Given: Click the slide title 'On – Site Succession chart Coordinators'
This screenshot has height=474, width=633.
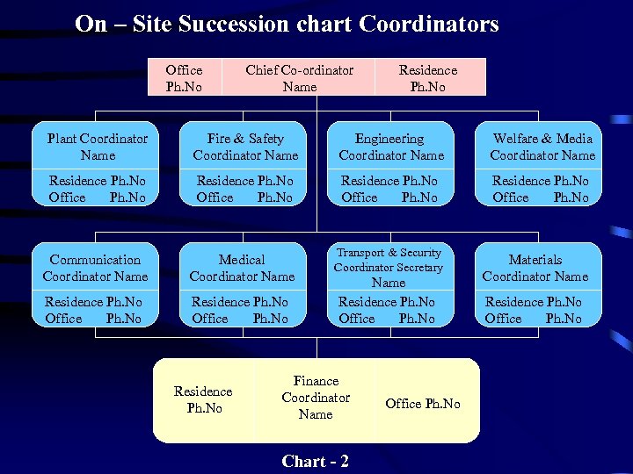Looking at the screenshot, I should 287,24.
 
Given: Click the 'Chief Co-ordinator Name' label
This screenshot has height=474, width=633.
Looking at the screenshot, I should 299,78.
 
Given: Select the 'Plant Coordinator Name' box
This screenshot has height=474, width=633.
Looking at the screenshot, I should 98,147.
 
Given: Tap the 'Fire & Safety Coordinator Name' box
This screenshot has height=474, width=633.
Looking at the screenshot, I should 245,147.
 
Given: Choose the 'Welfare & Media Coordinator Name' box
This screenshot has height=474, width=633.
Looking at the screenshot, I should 542,147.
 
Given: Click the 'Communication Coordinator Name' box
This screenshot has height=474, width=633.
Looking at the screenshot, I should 95,268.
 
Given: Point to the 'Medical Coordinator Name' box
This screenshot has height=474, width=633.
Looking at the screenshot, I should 242,268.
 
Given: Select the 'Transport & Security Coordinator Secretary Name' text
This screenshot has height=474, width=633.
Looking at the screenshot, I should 389,267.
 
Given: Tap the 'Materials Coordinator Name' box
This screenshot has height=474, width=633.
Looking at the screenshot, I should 535,268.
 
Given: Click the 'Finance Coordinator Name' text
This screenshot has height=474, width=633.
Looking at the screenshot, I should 316,398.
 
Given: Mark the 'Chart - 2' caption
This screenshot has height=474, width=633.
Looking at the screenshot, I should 315,461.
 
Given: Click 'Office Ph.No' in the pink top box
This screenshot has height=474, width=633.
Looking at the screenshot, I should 184,78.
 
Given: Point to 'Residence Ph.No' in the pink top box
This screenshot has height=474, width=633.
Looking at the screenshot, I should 428,78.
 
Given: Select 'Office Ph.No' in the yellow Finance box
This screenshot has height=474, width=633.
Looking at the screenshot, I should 423,403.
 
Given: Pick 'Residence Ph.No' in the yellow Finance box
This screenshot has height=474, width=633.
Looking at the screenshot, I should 203,399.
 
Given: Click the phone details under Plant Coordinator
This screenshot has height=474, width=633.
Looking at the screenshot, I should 98,189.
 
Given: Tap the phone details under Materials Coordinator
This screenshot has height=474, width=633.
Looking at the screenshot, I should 534,310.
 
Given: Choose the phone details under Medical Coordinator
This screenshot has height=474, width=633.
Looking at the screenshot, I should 240,310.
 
